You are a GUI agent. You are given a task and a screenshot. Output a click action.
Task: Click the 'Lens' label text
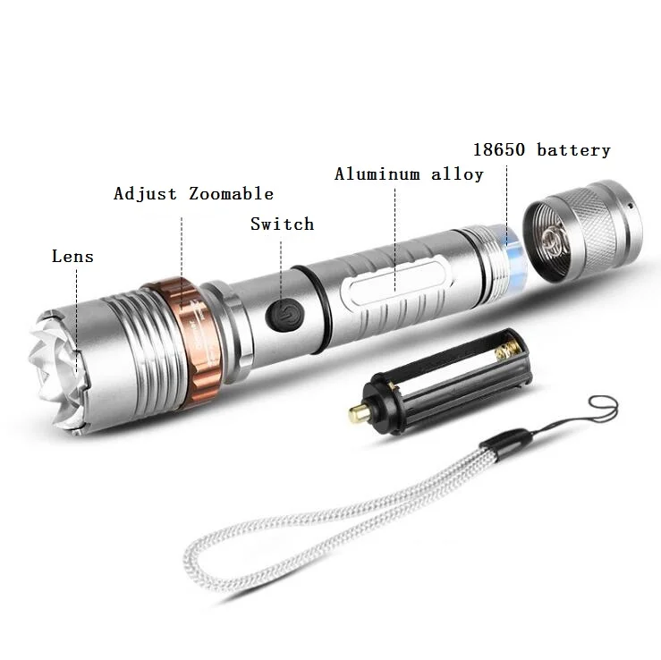click(72, 257)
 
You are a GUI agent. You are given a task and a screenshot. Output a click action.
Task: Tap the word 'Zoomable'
click(231, 194)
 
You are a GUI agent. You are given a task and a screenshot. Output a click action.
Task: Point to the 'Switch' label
click(282, 224)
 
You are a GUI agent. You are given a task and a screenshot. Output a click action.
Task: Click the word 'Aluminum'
click(377, 174)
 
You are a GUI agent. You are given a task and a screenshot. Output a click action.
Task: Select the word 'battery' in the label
click(573, 150)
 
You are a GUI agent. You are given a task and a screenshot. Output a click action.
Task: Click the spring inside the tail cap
click(552, 239)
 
